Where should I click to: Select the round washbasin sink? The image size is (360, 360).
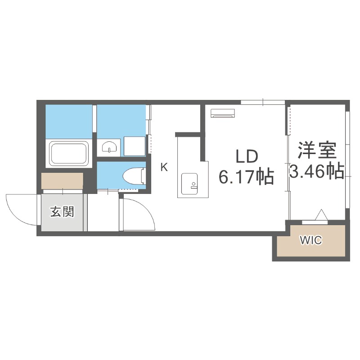coord(109,147)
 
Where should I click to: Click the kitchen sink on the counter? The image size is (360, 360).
coord(188,183)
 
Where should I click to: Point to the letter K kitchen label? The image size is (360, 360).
coord(164,167)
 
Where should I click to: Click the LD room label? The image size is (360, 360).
coord(247,157)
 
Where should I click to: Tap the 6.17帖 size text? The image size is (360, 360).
coord(247,177)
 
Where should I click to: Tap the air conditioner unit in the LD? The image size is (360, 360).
coord(222,112)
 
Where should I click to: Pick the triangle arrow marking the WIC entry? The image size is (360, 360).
coord(321,216)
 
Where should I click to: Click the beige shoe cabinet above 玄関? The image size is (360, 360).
coord(62,180)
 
